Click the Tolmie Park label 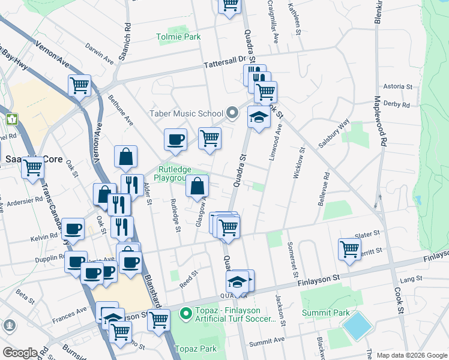(x=178, y=37)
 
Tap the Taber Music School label (x=185, y=113)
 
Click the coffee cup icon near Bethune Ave (x=176, y=140)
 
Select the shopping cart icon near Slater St (x=349, y=248)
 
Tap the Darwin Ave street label (x=99, y=53)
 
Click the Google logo (x=19, y=352)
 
